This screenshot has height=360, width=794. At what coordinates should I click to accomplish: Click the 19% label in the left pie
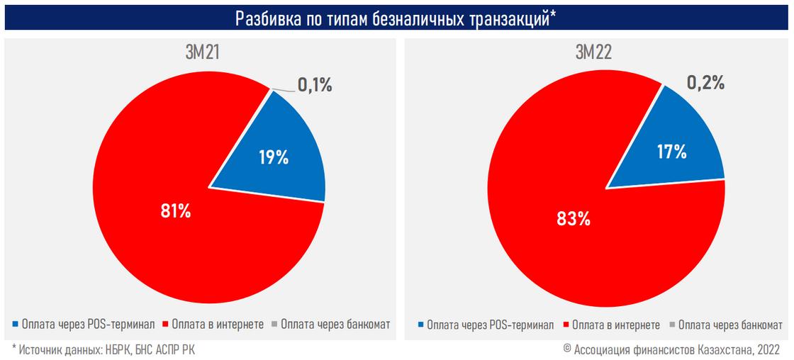(x=273, y=157)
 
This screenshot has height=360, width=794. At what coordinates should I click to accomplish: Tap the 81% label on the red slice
(x=175, y=211)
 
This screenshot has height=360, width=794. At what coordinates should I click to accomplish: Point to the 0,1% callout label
(x=314, y=86)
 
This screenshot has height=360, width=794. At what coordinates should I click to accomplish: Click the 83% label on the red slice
(x=574, y=218)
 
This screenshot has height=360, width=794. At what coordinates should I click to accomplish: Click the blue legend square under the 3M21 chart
(x=16, y=325)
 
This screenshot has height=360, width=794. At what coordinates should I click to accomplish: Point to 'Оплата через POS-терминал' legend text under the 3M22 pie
(x=490, y=325)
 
